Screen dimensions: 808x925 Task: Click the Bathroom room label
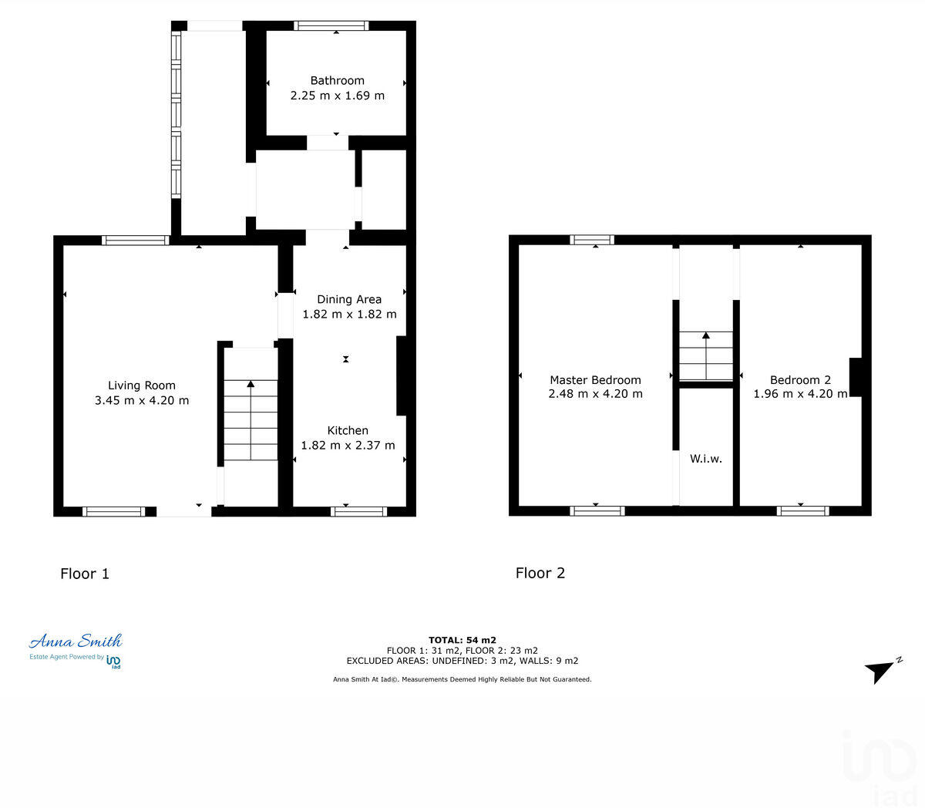[337, 80]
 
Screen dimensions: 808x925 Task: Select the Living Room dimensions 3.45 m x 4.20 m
[142, 400]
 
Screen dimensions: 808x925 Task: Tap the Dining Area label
[349, 299]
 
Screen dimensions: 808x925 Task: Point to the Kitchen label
[348, 430]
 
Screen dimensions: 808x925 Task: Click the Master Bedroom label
[595, 379]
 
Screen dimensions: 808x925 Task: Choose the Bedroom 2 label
[800, 379]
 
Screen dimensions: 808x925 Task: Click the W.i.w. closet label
[705, 459]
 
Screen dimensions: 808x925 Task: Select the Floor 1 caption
[85, 574]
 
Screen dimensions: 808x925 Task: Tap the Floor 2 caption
[540, 573]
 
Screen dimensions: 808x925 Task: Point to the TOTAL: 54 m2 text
[462, 640]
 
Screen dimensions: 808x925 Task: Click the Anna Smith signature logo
[76, 641]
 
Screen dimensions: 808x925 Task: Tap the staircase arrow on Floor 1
[251, 384]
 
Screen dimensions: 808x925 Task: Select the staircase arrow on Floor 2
[705, 336]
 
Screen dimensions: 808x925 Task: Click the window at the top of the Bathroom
[331, 26]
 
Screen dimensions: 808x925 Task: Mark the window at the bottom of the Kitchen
[359, 511]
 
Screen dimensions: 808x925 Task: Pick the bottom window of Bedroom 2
[802, 510]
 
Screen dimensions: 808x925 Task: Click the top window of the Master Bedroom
[592, 240]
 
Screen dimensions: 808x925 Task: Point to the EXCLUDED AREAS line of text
[462, 661]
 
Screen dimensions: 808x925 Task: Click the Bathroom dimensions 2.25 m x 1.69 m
[337, 96]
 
